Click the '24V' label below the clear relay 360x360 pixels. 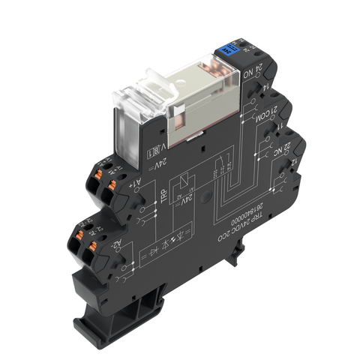pyautogui.click(x=160, y=163)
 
